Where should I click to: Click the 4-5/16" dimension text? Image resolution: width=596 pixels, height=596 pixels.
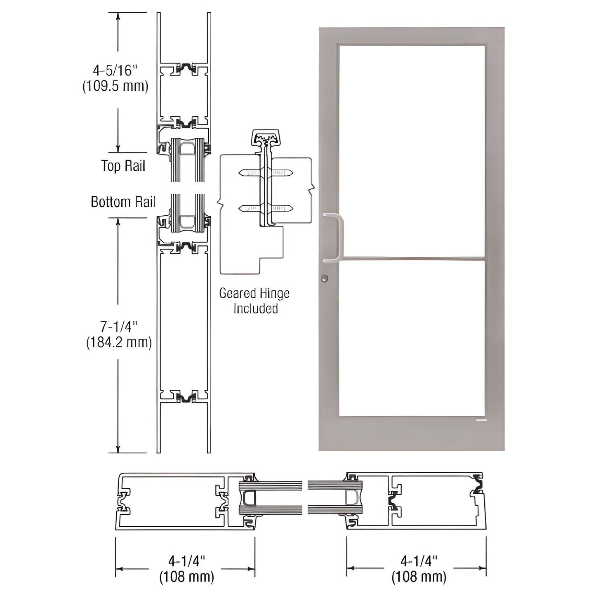click(115, 71)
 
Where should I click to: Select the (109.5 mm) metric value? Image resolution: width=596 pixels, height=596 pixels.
click(115, 86)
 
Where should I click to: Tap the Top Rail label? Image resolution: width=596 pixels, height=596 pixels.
click(123, 166)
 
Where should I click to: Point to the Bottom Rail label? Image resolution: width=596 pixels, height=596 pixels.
click(123, 202)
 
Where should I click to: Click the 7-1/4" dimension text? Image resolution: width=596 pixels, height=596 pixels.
click(119, 327)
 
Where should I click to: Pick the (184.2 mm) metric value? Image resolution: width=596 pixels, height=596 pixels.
click(119, 342)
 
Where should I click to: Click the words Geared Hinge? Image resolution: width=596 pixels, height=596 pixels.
click(254, 293)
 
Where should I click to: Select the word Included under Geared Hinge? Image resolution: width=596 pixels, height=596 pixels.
click(255, 309)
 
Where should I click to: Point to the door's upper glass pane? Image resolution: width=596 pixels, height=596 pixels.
click(411, 151)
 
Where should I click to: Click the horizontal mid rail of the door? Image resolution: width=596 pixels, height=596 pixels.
click(411, 259)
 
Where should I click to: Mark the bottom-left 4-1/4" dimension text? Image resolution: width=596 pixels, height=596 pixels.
click(186, 561)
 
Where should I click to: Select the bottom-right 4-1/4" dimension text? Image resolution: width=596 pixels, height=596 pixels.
click(419, 561)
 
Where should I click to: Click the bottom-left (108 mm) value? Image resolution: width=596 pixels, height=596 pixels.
click(186, 576)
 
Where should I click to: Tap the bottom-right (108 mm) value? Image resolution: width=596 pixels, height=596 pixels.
click(419, 576)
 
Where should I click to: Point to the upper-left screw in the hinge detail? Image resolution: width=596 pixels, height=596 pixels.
click(250, 173)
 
